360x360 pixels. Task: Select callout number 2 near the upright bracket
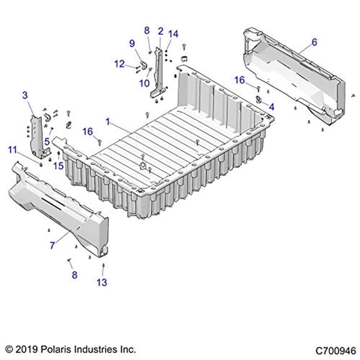pyautogui.click(x=161, y=31)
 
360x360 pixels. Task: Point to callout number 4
pyautogui.click(x=271, y=107)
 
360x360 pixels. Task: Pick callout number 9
pyautogui.click(x=132, y=42)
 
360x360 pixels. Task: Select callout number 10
pyautogui.click(x=145, y=82)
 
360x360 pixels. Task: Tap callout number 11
pyautogui.click(x=12, y=149)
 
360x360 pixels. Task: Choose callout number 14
pyautogui.click(x=173, y=33)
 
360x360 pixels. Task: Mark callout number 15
pyautogui.click(x=57, y=166)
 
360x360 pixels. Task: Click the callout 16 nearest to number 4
pyautogui.click(x=240, y=79)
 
